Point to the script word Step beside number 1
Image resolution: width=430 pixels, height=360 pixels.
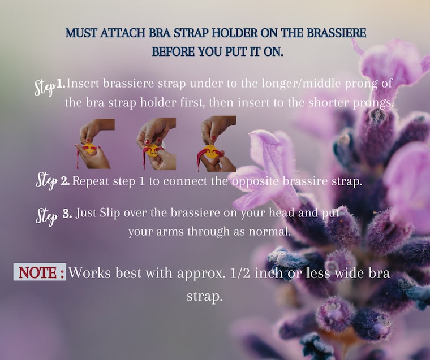[45, 87]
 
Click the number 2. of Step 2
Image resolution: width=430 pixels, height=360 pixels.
[65, 181]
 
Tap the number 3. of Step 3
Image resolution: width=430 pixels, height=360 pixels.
[67, 214]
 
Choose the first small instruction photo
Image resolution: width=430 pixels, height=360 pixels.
[95, 144]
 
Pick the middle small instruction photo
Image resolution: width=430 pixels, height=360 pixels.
[157, 144]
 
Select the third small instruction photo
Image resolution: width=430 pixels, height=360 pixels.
[217, 144]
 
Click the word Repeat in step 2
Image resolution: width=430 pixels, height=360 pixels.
[91, 181]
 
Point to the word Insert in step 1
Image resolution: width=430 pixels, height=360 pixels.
[83, 83]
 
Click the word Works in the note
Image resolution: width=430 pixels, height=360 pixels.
[89, 273]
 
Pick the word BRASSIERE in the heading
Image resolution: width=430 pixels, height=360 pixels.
[337, 33]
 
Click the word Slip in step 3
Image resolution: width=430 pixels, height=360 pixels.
[110, 214]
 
